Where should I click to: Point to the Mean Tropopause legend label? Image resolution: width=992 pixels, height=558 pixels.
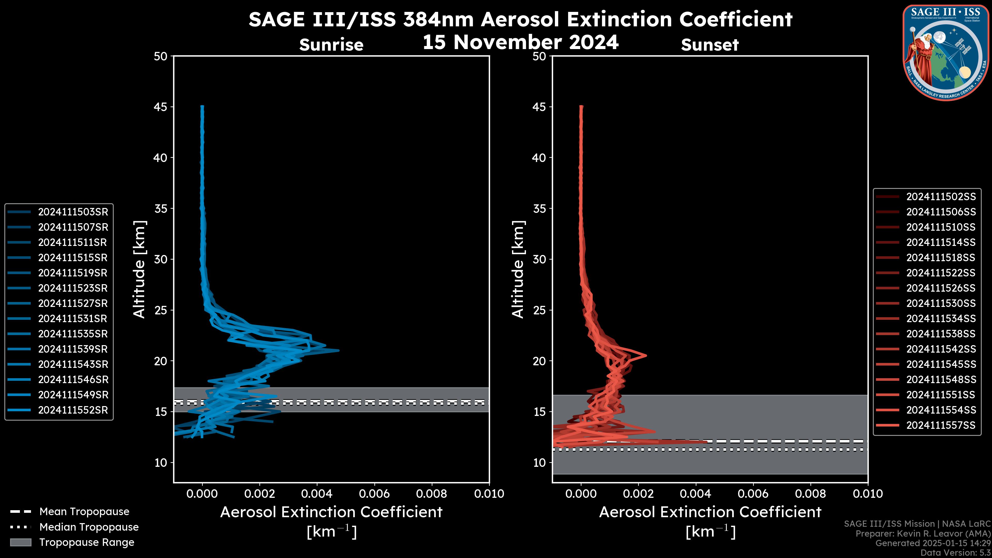pos(84,512)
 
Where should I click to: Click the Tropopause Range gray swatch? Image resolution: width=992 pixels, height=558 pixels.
pos(20,542)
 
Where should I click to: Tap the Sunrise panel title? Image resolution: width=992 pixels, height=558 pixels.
pos(331,45)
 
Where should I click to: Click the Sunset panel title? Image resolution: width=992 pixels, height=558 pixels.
pos(710,45)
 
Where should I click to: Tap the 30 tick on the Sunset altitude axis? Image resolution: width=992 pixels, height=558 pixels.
pos(539,259)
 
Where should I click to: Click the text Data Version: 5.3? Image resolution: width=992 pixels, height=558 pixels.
pos(955,553)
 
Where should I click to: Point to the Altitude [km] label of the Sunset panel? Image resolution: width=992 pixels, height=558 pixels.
pos(518,269)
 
